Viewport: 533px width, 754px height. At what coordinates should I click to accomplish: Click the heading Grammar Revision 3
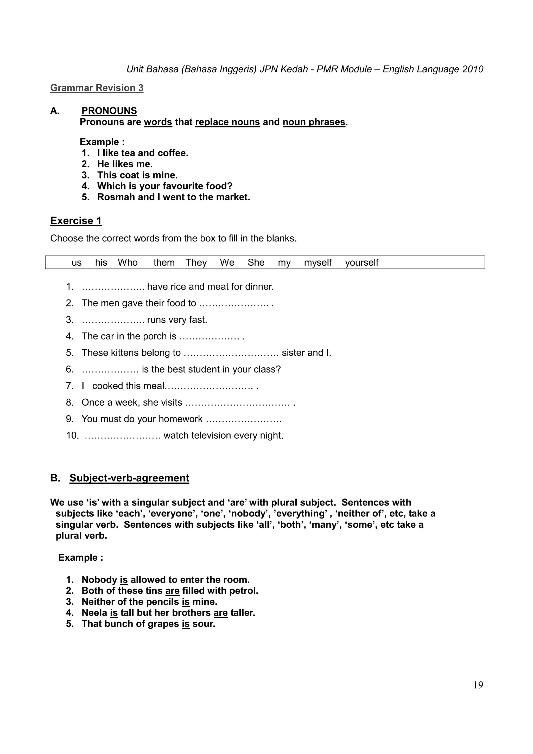(x=97, y=88)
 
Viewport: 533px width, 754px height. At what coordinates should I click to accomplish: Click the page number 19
(x=478, y=685)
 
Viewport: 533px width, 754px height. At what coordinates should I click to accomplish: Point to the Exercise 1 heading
(x=76, y=221)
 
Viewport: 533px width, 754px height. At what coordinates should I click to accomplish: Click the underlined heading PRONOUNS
(x=109, y=111)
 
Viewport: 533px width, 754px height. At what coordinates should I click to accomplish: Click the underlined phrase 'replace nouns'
(x=227, y=122)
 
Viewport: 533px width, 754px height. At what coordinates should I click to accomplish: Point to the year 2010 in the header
(x=473, y=69)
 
